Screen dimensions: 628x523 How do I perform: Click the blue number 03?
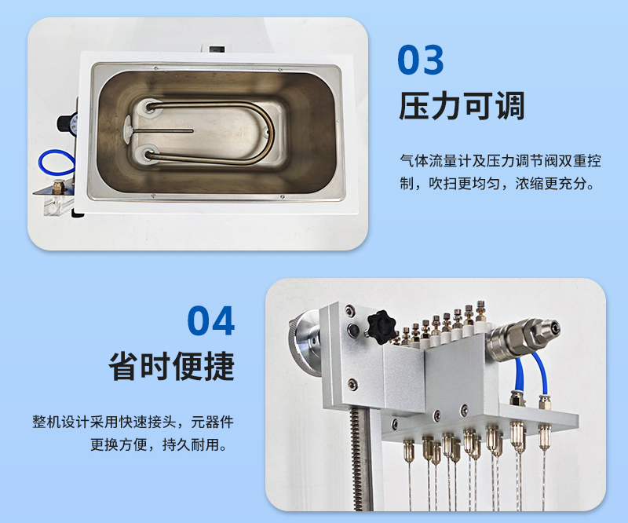coord(421,60)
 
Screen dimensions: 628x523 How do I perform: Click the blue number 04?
coord(211,320)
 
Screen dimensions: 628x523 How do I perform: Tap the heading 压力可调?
coord(462,106)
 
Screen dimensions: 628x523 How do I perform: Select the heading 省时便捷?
coord(171,366)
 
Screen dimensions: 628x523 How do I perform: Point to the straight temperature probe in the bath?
coord(160,130)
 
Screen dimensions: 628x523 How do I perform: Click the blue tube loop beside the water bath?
coord(56,163)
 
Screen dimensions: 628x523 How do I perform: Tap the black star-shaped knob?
coord(382,327)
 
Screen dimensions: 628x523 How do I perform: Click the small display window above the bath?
coord(217,49)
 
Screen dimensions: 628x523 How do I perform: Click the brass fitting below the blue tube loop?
coord(58,186)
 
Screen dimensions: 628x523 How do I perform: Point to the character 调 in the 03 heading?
coord(509,106)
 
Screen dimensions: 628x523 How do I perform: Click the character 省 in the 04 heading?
coord(123,366)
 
